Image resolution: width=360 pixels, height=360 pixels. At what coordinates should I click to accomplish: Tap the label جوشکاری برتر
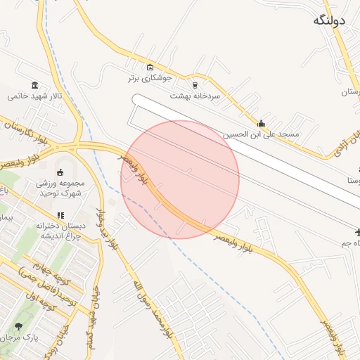150,78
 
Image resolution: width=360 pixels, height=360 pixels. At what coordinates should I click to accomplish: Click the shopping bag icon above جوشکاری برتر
150,67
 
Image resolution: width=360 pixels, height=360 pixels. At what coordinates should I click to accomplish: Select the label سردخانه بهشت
195,95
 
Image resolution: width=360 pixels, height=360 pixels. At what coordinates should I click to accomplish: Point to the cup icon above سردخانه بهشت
195,84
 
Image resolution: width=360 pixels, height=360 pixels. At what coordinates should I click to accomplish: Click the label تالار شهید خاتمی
35,96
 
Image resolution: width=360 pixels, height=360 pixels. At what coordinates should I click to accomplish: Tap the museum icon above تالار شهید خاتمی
35,85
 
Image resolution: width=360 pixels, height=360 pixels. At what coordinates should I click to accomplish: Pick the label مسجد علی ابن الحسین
261,134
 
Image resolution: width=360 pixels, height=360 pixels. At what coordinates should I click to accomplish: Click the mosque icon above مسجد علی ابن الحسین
262,123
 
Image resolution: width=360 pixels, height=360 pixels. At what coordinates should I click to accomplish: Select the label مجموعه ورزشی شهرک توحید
60,188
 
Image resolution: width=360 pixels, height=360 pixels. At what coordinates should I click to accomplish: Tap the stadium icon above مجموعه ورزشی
60,173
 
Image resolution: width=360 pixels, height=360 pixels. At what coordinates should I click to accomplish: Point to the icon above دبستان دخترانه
60,215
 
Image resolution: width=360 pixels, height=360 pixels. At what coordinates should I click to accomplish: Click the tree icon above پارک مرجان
18,326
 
